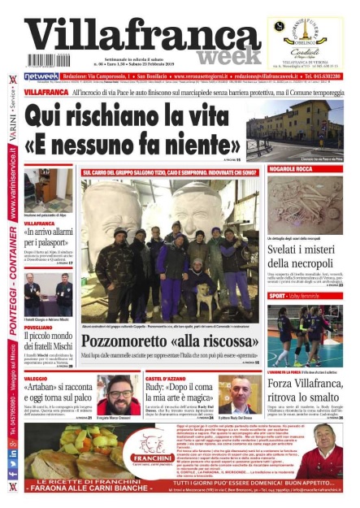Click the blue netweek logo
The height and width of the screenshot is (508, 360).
pos(41,76)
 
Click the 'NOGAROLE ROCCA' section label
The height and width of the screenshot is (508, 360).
pos(290,168)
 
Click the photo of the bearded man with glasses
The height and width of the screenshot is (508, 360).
pos(118,395)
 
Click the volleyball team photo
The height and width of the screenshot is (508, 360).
pos(305,334)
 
